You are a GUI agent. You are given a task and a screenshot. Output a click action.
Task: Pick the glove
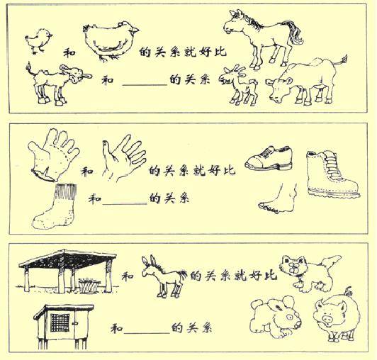54,151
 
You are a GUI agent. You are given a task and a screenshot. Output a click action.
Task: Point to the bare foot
280,198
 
